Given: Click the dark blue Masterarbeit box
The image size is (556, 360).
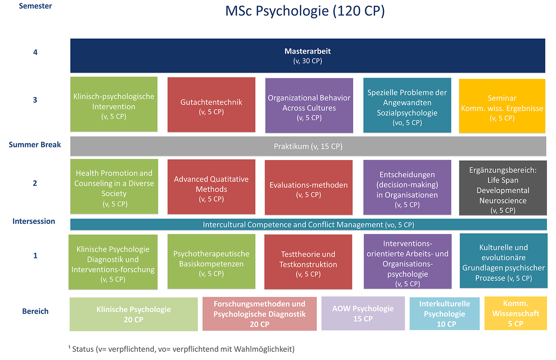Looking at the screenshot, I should (x=308, y=56).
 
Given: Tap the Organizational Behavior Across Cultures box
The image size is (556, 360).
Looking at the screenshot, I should (x=309, y=106).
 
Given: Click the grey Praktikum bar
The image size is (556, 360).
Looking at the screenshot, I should (x=308, y=146).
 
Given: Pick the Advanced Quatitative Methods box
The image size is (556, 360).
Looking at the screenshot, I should (x=211, y=187).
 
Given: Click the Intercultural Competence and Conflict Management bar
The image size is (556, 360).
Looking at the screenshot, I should (x=308, y=224).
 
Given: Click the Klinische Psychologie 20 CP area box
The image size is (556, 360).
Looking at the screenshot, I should (x=133, y=314).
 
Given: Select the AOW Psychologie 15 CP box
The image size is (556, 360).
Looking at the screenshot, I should (x=363, y=313).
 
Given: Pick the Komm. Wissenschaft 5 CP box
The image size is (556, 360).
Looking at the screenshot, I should (x=516, y=313).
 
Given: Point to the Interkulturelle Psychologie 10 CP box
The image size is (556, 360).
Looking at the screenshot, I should (x=444, y=313).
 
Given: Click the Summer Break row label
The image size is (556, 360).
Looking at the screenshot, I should (x=35, y=145).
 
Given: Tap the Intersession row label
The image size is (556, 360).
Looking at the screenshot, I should (x=34, y=221).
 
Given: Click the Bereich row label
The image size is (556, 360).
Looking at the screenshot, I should (x=35, y=311).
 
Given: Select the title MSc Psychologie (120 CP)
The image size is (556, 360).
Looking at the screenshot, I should (x=305, y=11).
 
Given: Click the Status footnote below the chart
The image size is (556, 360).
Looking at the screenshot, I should (x=182, y=349).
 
